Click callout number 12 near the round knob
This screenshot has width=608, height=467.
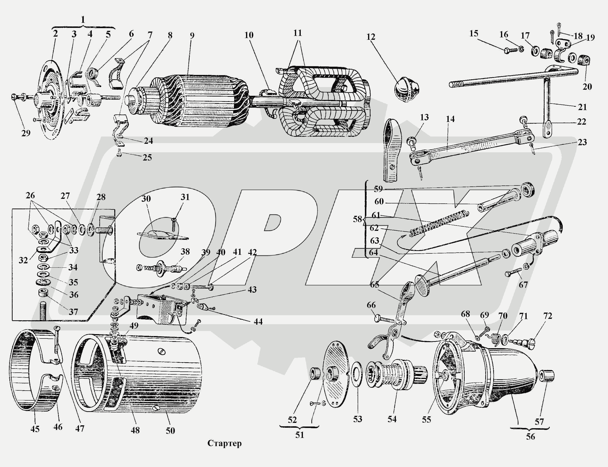[x=371, y=37]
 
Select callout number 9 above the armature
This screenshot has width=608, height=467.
[x=192, y=36]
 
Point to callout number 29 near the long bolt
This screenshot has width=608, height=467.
[x=26, y=133]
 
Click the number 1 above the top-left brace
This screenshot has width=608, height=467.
[x=83, y=20]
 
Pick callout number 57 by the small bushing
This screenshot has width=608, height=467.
[x=539, y=422]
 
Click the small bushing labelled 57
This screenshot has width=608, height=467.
[x=547, y=376]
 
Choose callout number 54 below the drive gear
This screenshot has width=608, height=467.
[x=392, y=419]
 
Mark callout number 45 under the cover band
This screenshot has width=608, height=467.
[x=35, y=429]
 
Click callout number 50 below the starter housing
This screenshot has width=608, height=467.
[x=170, y=431]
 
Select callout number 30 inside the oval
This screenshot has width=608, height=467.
[x=146, y=199]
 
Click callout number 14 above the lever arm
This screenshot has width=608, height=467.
[x=450, y=119]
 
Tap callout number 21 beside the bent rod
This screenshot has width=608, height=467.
[x=582, y=107]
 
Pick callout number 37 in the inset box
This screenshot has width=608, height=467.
[x=73, y=312]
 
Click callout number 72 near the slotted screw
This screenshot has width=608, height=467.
[x=548, y=316]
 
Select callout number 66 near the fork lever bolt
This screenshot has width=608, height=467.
[x=371, y=305]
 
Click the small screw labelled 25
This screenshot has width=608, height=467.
[x=119, y=153]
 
